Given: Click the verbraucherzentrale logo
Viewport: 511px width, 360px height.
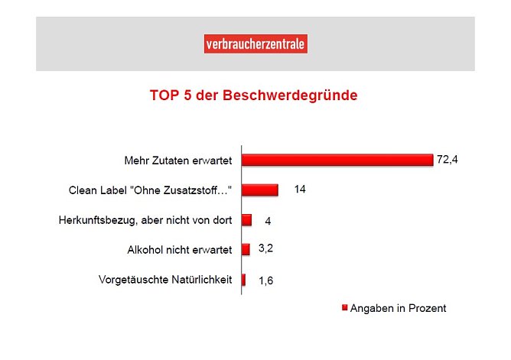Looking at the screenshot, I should click(255, 45).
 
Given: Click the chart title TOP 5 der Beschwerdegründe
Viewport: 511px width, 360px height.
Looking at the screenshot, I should click(253, 97).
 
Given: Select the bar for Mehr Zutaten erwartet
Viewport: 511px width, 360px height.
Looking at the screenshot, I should click(337, 161).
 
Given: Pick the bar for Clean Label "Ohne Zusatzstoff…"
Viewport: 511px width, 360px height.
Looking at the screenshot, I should click(260, 190).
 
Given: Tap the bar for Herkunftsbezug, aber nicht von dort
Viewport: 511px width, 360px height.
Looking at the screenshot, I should click(247, 220).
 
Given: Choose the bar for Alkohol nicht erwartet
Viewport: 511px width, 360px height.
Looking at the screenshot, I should click(246, 250).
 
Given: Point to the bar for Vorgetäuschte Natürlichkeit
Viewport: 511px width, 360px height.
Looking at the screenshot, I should click(244, 280).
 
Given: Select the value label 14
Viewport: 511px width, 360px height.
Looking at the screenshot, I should click(300, 190).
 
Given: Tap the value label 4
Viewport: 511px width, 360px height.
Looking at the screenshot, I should click(269, 221).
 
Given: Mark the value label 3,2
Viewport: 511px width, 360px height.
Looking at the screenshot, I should click(267, 248).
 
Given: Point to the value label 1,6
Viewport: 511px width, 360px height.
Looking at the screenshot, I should click(265, 281).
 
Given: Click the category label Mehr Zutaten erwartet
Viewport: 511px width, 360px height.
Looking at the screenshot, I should click(177, 161).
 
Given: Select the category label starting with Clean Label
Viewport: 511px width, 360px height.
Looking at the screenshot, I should click(150, 190).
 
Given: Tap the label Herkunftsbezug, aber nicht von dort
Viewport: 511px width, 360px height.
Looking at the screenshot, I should click(145, 220).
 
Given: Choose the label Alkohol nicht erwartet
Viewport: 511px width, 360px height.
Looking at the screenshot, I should click(179, 250).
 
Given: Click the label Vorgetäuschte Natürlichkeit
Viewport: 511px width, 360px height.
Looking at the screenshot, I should click(165, 280).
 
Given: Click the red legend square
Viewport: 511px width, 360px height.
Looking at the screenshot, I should click(344, 308).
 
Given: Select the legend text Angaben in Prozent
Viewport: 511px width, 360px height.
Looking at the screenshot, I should click(399, 308).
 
